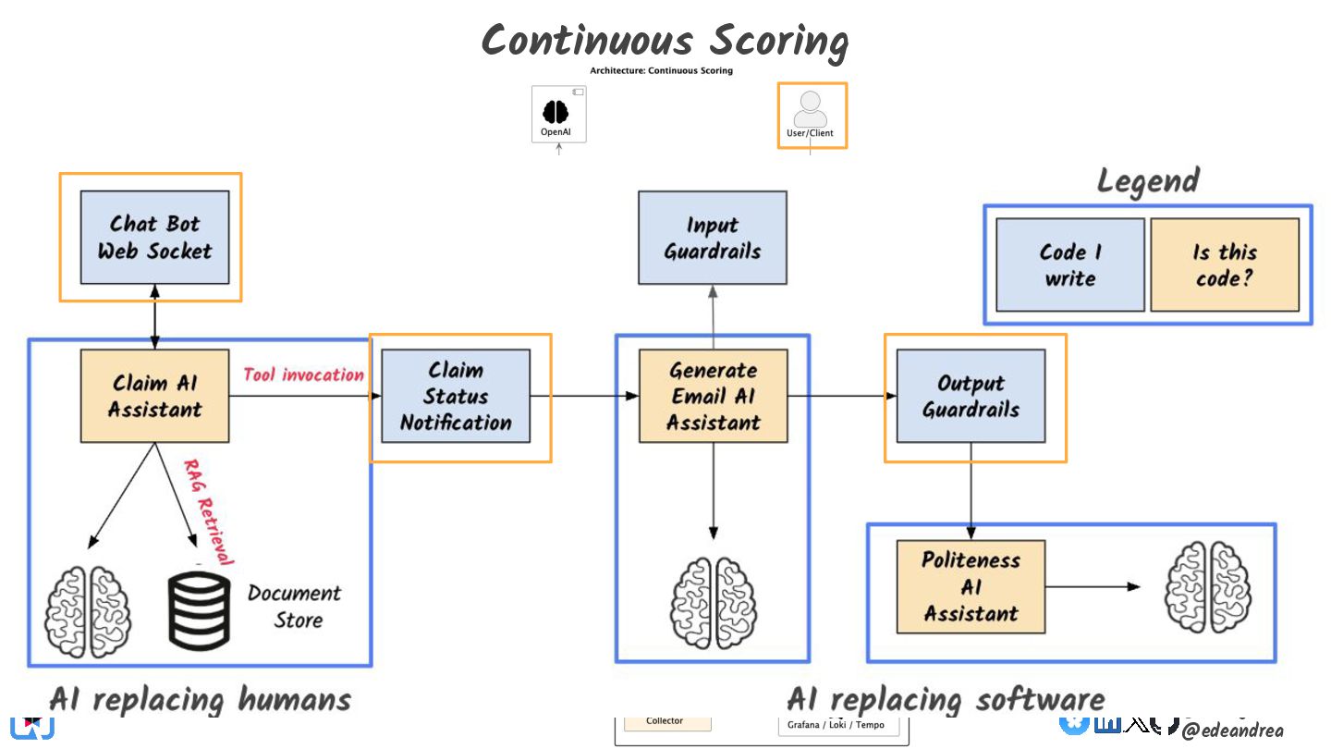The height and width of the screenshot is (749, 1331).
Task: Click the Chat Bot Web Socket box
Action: click(154, 237)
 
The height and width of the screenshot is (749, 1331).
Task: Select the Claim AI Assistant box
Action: click(154, 396)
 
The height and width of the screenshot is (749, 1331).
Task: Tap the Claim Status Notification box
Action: click(455, 397)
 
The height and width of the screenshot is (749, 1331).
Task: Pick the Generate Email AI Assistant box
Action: click(713, 396)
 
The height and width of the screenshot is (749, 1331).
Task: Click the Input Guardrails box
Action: click(712, 238)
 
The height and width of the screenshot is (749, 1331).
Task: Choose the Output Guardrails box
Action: click(971, 396)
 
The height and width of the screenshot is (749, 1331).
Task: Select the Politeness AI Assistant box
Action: click(971, 586)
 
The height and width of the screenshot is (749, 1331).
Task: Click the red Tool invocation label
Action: click(303, 374)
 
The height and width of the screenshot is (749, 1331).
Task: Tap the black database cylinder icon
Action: click(199, 608)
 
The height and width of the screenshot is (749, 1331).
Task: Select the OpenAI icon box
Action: click(558, 115)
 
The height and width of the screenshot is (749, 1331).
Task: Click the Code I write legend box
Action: click(1069, 264)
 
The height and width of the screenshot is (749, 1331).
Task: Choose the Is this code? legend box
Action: click(1225, 264)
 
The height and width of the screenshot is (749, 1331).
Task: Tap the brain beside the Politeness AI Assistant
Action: click(1202, 586)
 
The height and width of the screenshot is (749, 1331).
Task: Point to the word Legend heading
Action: click(1148, 181)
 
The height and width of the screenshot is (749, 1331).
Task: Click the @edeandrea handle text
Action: click(1232, 731)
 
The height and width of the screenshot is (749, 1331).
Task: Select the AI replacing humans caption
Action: click(200, 699)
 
